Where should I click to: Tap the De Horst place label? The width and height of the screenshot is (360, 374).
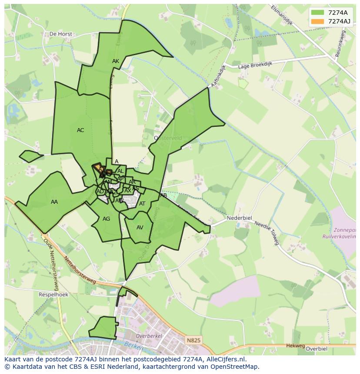[x=60, y=33]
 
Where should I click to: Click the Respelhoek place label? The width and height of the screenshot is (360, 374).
[x=53, y=295]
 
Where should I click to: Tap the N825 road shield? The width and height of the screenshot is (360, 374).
[x=193, y=341]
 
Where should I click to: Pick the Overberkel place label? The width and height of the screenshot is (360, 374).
[x=149, y=336]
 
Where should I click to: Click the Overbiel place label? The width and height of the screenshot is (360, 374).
[x=316, y=348]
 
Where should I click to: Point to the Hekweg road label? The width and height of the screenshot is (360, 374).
[x=296, y=346]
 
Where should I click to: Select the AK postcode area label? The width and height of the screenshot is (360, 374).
[x=116, y=61]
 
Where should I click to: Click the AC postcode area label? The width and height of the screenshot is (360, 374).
[x=80, y=130]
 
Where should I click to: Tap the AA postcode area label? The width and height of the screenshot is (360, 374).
[x=54, y=202]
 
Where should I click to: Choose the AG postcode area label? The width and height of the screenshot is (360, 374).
[x=107, y=219]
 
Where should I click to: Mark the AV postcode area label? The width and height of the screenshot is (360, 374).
[x=140, y=228]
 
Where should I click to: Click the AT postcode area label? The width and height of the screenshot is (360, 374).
[x=142, y=204]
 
